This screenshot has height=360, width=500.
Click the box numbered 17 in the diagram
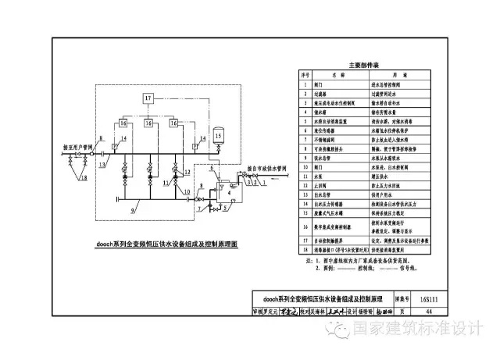click(x=149, y=97)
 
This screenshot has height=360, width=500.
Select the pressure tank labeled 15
click(x=218, y=135)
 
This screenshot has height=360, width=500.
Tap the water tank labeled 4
click(x=226, y=187)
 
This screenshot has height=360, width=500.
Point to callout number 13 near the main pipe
click(x=102, y=166)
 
